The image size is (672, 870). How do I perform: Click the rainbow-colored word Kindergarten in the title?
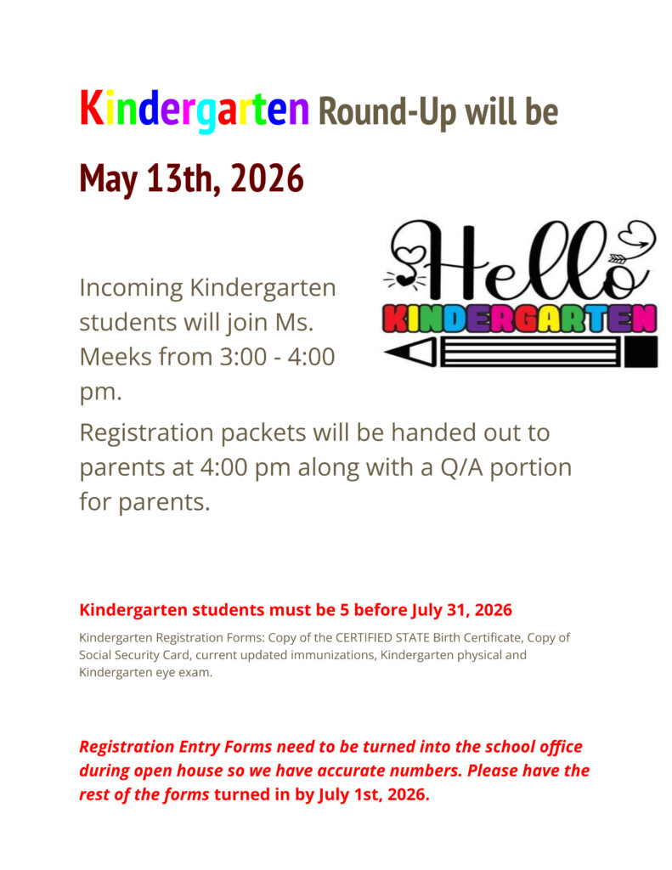click(x=194, y=110)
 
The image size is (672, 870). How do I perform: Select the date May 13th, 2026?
click(x=191, y=178)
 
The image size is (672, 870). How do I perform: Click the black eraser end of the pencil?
click(x=641, y=351)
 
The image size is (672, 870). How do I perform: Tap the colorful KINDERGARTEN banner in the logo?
click(x=520, y=319)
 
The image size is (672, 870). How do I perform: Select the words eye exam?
click(x=182, y=673)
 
